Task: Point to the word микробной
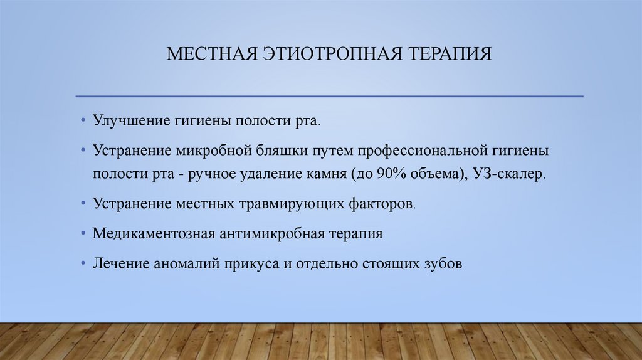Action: point(213,151)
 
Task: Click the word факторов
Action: point(381,204)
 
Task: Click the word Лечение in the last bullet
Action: point(121,264)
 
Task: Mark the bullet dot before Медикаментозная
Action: point(84,234)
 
